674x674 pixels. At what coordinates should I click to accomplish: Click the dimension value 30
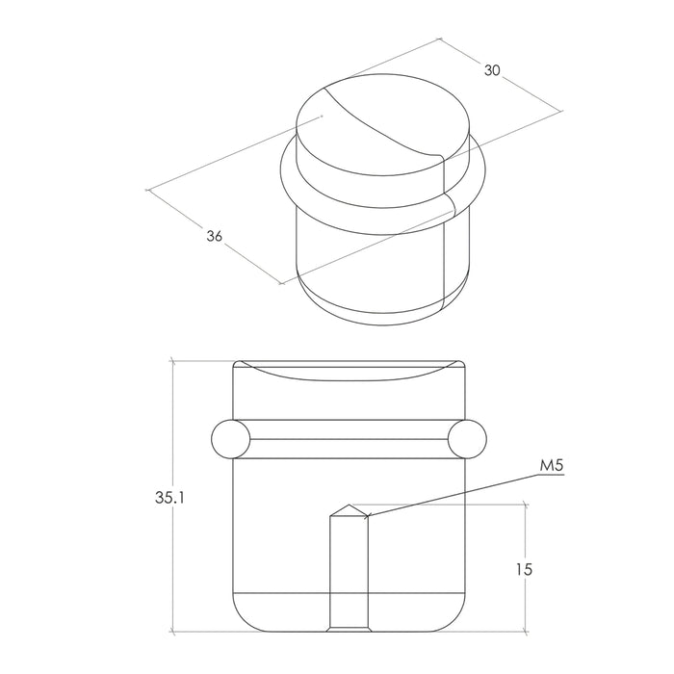(x=492, y=70)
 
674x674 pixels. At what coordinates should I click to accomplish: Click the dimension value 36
(x=215, y=236)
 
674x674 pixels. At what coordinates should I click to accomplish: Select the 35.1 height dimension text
(x=169, y=498)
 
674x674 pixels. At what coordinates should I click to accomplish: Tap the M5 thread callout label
(x=551, y=466)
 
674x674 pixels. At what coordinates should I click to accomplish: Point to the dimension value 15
(x=525, y=570)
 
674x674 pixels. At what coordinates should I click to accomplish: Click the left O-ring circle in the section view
(x=230, y=439)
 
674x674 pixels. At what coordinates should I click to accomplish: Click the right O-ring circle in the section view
(x=467, y=439)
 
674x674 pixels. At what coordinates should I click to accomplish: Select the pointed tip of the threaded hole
(x=350, y=505)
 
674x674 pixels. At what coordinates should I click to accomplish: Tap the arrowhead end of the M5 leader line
(x=369, y=515)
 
